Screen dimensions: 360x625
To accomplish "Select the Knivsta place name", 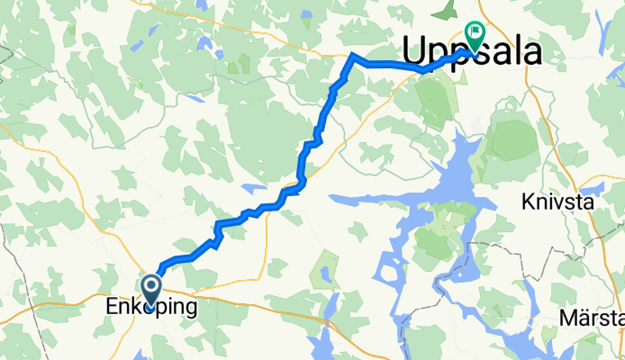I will [x=557, y=202].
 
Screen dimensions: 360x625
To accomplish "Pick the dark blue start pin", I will [x=150, y=288].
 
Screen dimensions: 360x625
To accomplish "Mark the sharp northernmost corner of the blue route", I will [x=352, y=56].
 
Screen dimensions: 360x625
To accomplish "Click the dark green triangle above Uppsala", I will [x=444, y=11].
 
